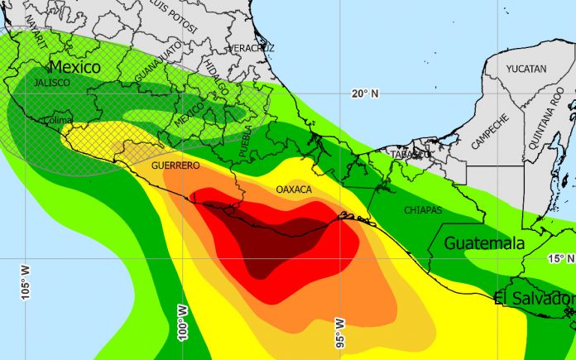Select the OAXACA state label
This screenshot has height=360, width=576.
point(294,190)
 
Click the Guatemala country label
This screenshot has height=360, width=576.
point(484,243)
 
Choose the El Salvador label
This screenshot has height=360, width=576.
point(534,298)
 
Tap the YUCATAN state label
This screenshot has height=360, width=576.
point(526,70)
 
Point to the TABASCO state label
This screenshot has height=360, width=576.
point(411,154)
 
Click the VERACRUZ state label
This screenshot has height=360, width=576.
point(252,48)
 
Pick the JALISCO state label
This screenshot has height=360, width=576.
point(50,84)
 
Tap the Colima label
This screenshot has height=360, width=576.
point(59,120)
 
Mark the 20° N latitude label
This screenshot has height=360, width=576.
point(364,94)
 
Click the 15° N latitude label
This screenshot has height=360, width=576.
point(561,259)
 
